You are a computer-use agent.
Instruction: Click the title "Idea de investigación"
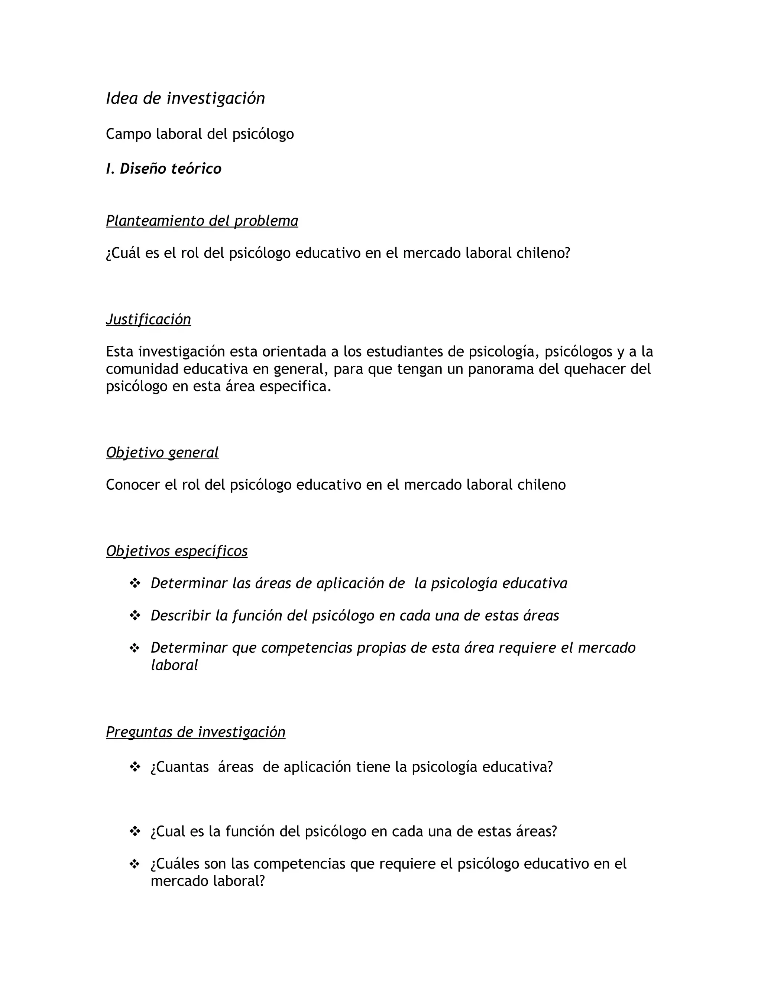(x=185, y=98)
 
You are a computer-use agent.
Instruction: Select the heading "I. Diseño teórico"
(x=163, y=169)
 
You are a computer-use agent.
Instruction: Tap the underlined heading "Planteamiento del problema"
(x=202, y=221)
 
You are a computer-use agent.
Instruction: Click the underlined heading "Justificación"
(x=148, y=319)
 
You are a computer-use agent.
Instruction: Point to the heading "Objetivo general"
(x=162, y=452)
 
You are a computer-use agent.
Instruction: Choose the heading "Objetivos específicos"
(x=177, y=551)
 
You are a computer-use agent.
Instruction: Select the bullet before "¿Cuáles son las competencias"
(x=135, y=864)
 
